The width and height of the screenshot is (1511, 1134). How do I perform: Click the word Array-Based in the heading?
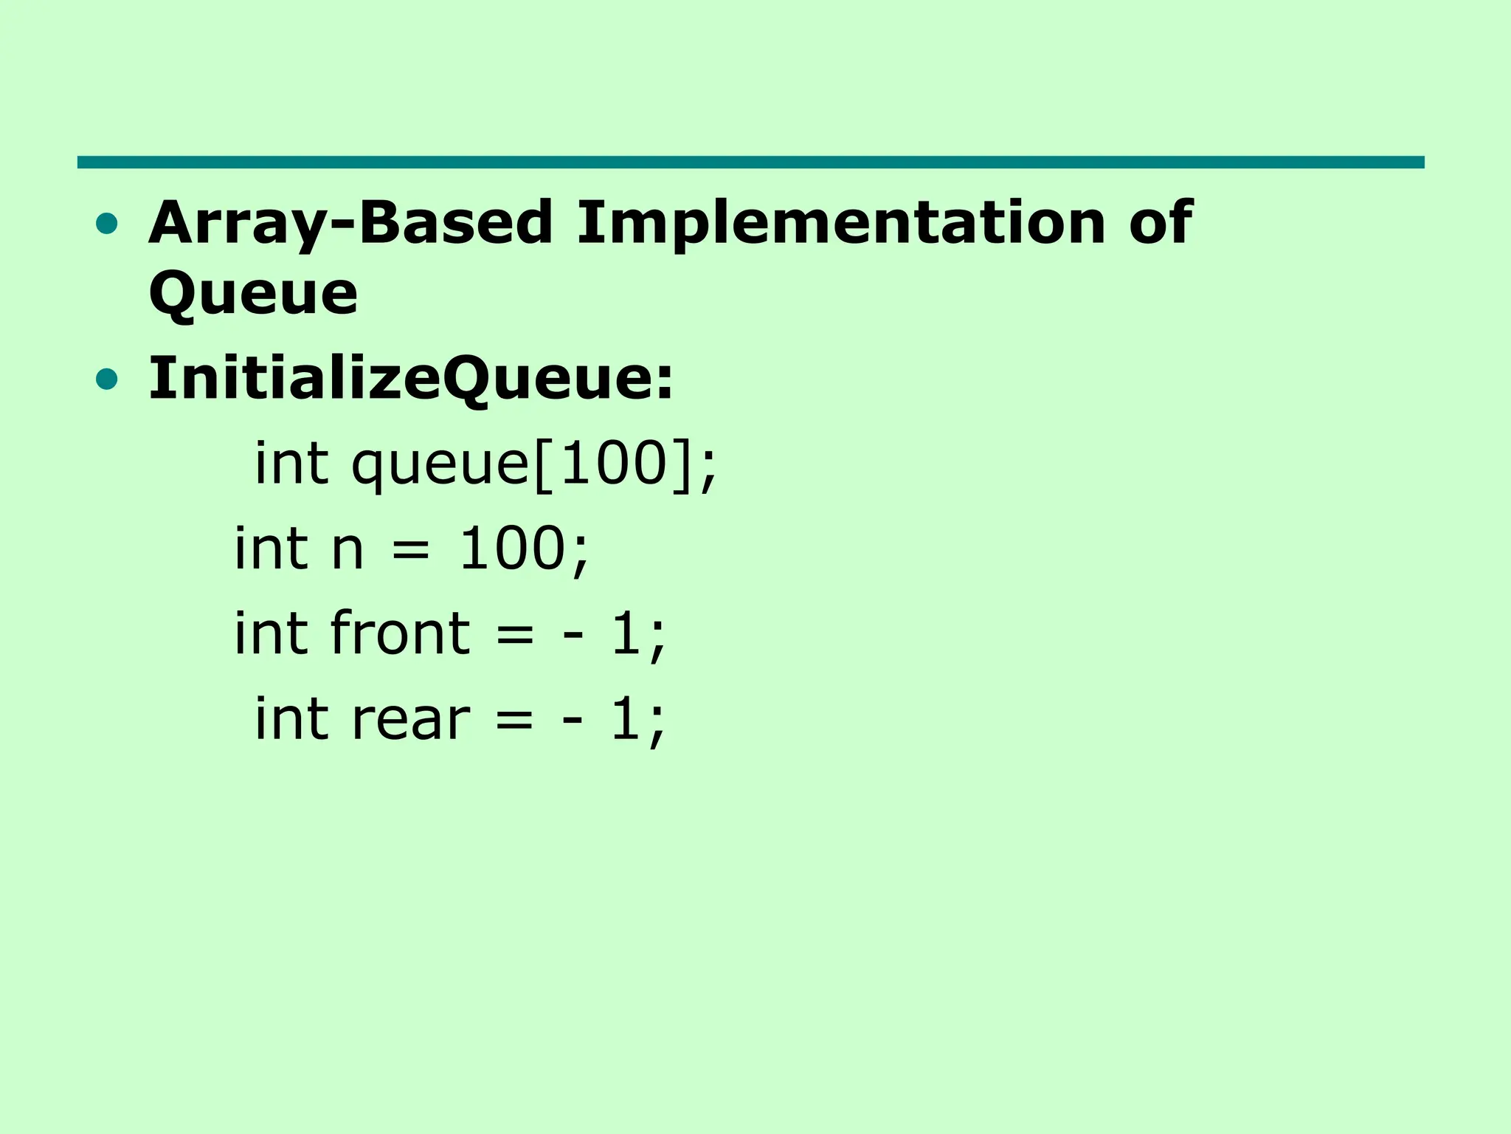pos(350,223)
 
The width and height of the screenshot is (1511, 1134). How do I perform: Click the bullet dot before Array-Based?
pos(107,224)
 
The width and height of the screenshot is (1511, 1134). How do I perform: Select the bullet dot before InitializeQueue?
pos(107,379)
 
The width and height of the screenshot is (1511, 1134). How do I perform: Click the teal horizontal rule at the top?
pos(750,162)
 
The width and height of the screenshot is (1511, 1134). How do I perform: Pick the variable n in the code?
pos(348,550)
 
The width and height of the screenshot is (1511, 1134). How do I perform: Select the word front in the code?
pos(400,634)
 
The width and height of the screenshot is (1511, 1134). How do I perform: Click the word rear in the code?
pos(410,720)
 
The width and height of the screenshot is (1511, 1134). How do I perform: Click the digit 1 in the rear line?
pos(626,718)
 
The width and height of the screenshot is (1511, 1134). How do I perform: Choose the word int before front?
pos(270,634)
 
